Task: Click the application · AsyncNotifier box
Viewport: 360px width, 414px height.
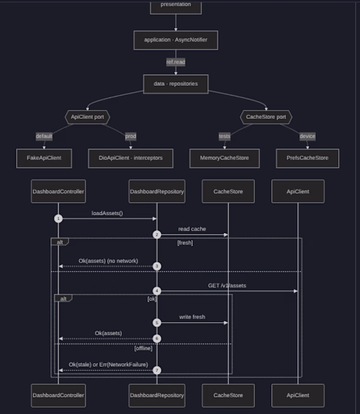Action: (x=176, y=40)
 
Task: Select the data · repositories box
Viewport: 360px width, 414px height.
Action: (x=176, y=84)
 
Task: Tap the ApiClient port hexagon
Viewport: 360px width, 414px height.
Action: (x=88, y=117)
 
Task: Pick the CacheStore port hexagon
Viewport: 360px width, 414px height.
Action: (x=266, y=117)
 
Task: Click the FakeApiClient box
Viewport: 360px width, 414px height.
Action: (x=44, y=158)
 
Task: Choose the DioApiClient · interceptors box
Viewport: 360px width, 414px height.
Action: (x=131, y=158)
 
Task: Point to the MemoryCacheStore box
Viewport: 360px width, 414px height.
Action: (x=224, y=158)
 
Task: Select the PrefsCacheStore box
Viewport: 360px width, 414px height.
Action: (x=307, y=158)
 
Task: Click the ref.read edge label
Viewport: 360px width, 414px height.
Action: (x=176, y=62)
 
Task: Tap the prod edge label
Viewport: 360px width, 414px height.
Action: (x=131, y=136)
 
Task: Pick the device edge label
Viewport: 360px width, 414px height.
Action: (x=307, y=136)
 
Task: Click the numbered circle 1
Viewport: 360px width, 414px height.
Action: (x=59, y=219)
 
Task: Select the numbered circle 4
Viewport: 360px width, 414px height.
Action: (x=157, y=291)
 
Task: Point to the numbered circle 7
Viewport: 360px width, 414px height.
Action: (x=157, y=370)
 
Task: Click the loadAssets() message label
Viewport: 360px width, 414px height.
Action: (x=107, y=213)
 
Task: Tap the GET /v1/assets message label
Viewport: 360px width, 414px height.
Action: (x=227, y=286)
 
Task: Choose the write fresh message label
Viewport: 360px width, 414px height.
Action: (x=192, y=317)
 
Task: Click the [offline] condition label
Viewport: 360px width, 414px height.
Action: (x=143, y=348)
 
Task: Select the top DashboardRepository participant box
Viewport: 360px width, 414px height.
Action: (x=157, y=192)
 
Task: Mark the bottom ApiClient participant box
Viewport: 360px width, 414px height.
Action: (x=298, y=396)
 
